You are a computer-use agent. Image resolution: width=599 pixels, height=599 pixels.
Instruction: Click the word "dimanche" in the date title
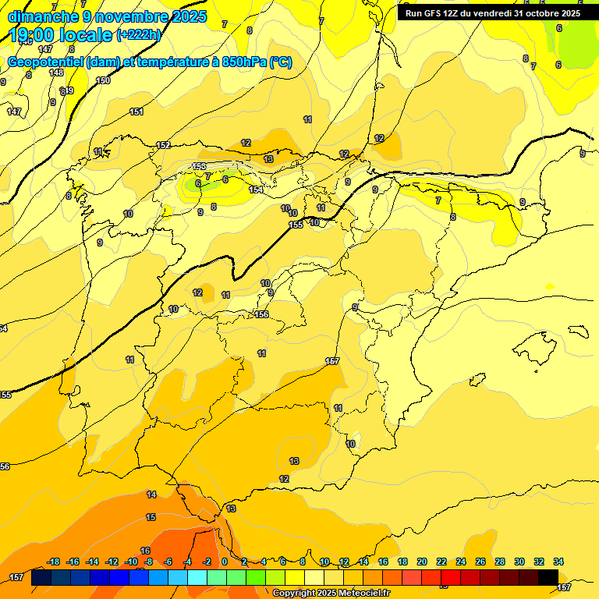pyautogui.click(x=40, y=16)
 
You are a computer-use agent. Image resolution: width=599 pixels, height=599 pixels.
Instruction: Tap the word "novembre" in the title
pyautogui.click(x=126, y=16)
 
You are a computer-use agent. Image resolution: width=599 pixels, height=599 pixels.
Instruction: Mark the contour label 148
pyautogui.click(x=56, y=73)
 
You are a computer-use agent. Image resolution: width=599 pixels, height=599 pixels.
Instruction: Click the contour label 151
pyautogui.click(x=136, y=112)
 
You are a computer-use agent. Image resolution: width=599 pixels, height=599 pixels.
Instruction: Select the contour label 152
pyautogui.click(x=163, y=145)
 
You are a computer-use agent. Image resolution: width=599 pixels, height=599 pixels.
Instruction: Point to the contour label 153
pyautogui.click(x=199, y=167)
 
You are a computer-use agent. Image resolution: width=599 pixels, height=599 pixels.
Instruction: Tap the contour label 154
pyautogui.click(x=256, y=190)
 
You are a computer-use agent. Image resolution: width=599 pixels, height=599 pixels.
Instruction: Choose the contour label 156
pyautogui.click(x=262, y=314)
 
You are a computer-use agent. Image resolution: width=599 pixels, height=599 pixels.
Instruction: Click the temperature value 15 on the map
pyautogui.click(x=151, y=517)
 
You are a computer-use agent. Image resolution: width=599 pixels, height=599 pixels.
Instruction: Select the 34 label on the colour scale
pyautogui.click(x=558, y=562)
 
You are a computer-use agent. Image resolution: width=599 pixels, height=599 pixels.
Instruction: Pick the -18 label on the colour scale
pyautogui.click(x=54, y=562)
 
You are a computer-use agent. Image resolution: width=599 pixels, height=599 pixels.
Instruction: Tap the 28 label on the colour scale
pyautogui.click(x=499, y=562)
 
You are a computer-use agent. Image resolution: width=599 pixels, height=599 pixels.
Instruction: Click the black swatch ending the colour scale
pyautogui.click(x=548, y=577)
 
